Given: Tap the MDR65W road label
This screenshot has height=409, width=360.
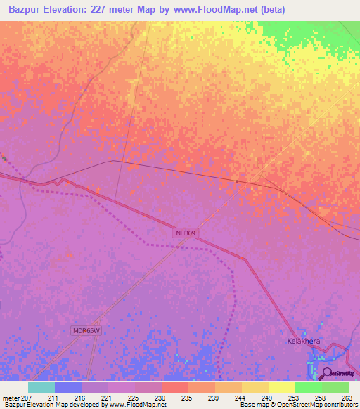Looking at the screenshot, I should point(87,330).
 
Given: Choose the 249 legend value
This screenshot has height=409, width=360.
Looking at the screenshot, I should point(266,398).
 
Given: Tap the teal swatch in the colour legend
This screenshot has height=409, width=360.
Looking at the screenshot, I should point(41,387).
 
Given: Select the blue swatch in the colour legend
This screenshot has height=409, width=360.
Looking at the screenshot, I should point(68,387).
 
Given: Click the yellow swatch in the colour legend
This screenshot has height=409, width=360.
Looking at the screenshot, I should point(282,387).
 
